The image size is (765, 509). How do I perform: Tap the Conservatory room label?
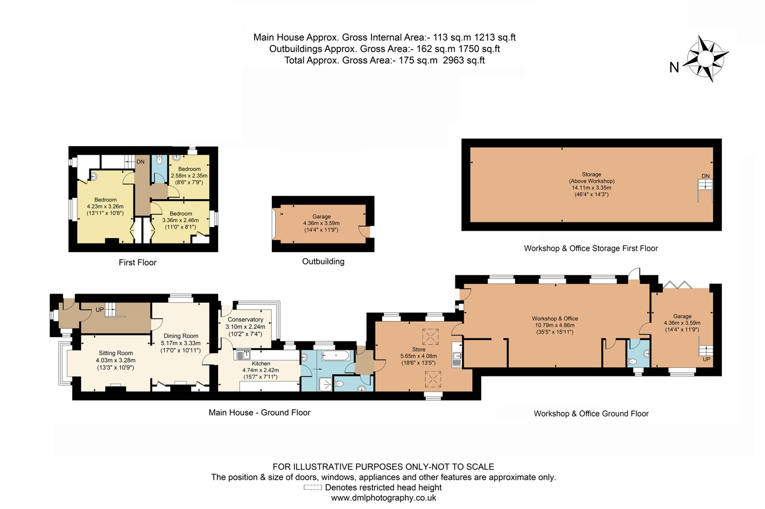point(245,319)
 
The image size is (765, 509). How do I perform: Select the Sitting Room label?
point(116,353)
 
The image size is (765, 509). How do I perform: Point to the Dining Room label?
point(181,336)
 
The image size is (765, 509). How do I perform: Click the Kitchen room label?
point(261,364)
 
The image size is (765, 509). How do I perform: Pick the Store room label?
point(419,349)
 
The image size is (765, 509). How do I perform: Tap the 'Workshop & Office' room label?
point(555,318)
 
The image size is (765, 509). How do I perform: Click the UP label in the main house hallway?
point(100,310)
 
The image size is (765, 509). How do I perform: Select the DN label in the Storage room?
point(706,176)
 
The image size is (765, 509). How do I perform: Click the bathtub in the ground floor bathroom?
point(335,355)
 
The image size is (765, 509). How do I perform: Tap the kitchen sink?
point(243,355)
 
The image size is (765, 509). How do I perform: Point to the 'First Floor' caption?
point(138,262)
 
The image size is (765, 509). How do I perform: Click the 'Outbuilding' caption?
point(324,261)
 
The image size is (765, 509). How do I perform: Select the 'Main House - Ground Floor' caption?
point(259,413)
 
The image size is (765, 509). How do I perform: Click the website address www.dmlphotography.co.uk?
point(383,498)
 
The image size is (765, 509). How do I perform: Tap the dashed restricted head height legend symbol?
point(312,487)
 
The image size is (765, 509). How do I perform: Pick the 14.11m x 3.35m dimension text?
point(592,187)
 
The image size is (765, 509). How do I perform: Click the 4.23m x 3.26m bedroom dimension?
point(105,206)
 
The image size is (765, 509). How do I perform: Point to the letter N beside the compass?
point(674,68)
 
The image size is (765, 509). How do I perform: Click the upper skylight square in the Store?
point(430,337)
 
